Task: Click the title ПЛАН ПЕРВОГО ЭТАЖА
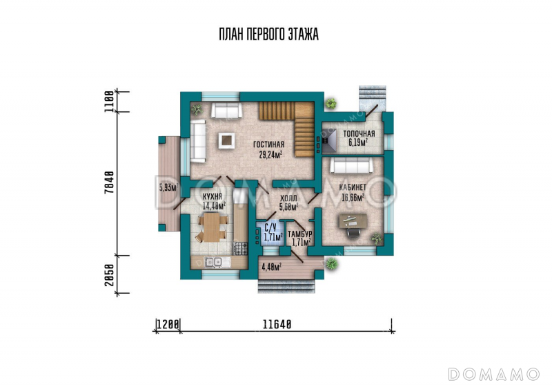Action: pyautogui.click(x=268, y=35)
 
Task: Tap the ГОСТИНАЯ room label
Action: pyautogui.click(x=268, y=145)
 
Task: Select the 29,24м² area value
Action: pyautogui.click(x=269, y=155)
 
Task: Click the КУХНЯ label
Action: pyautogui.click(x=213, y=196)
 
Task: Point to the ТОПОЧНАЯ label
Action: pyautogui.click(x=359, y=134)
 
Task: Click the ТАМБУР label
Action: pyautogui.click(x=300, y=235)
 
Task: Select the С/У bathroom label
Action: pyautogui.click(x=270, y=227)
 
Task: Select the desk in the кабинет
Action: pyautogui.click(x=352, y=221)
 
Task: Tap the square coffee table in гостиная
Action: pyautogui.click(x=226, y=140)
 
